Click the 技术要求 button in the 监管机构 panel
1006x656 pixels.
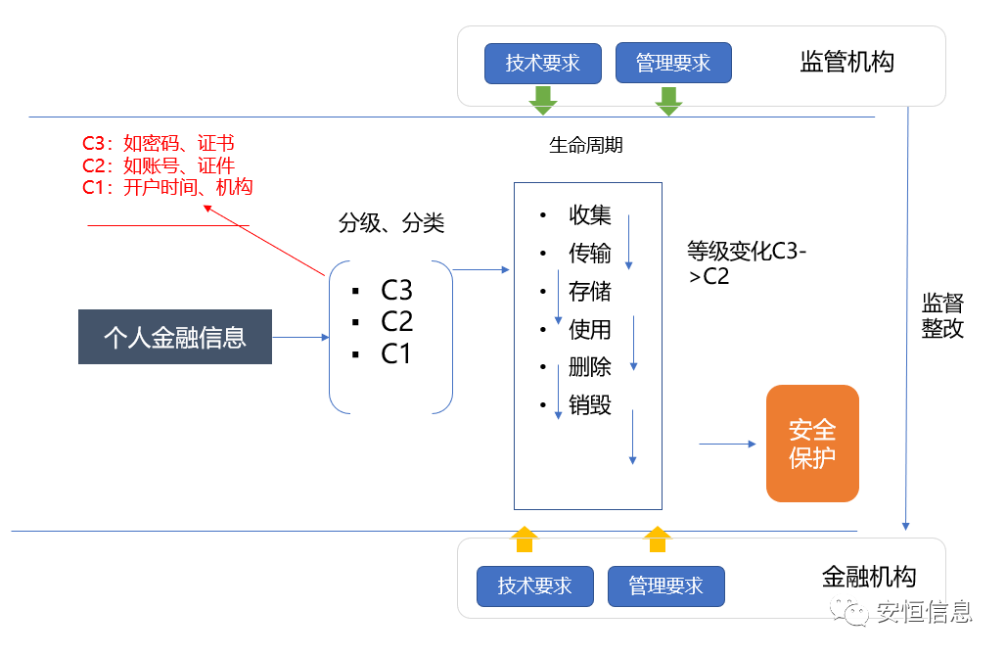(x=542, y=64)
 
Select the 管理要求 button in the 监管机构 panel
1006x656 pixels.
(x=673, y=64)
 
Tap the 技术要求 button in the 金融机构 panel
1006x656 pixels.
(x=534, y=586)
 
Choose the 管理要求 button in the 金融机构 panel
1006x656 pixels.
(x=665, y=586)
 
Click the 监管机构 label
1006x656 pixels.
(x=846, y=63)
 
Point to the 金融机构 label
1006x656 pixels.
(x=869, y=576)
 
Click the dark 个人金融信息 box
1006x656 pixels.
(x=175, y=337)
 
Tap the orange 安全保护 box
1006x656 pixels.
(x=812, y=444)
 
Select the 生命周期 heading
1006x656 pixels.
(x=586, y=145)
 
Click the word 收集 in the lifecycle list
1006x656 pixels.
(x=590, y=215)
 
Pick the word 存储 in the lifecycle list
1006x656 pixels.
(x=590, y=291)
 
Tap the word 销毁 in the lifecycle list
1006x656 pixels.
(x=590, y=404)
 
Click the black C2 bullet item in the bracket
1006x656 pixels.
(x=396, y=321)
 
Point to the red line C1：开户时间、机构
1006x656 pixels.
(x=167, y=187)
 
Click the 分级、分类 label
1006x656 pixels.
(x=391, y=223)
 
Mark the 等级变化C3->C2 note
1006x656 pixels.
(x=747, y=263)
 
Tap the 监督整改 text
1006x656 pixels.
(x=942, y=315)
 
